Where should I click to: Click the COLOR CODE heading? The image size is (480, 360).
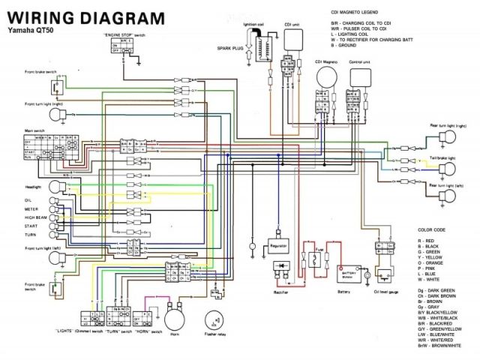pyautogui.click(x=433, y=229)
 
